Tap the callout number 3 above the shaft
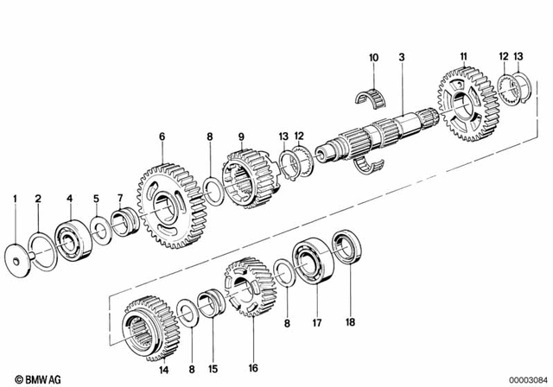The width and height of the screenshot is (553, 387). coord(401,58)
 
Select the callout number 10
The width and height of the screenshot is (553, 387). coord(373,58)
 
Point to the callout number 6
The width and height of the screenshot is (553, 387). coord(161,136)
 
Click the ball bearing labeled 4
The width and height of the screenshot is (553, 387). coord(69,237)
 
